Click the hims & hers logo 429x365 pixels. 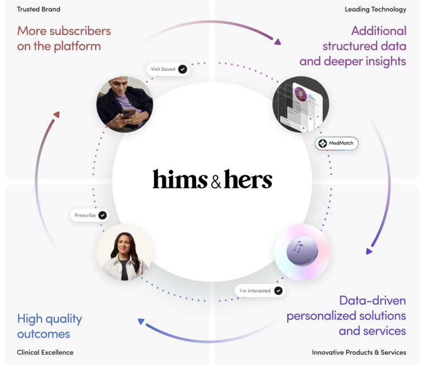(x=213, y=179)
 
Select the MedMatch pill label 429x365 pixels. (x=336, y=144)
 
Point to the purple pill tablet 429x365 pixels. (x=302, y=251)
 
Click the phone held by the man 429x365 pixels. (x=129, y=113)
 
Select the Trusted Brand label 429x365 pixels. (x=39, y=9)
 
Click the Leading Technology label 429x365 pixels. (x=375, y=9)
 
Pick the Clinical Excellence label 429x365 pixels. (x=45, y=353)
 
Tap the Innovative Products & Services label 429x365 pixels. (x=359, y=353)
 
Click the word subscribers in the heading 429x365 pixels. (x=80, y=31)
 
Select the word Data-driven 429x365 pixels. (x=372, y=300)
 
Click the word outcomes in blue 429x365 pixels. (x=43, y=334)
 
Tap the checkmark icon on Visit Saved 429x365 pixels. (x=182, y=69)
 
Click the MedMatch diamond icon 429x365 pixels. (x=323, y=144)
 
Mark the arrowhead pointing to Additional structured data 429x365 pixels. (x=278, y=42)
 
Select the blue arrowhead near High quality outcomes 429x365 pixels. (x=141, y=322)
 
